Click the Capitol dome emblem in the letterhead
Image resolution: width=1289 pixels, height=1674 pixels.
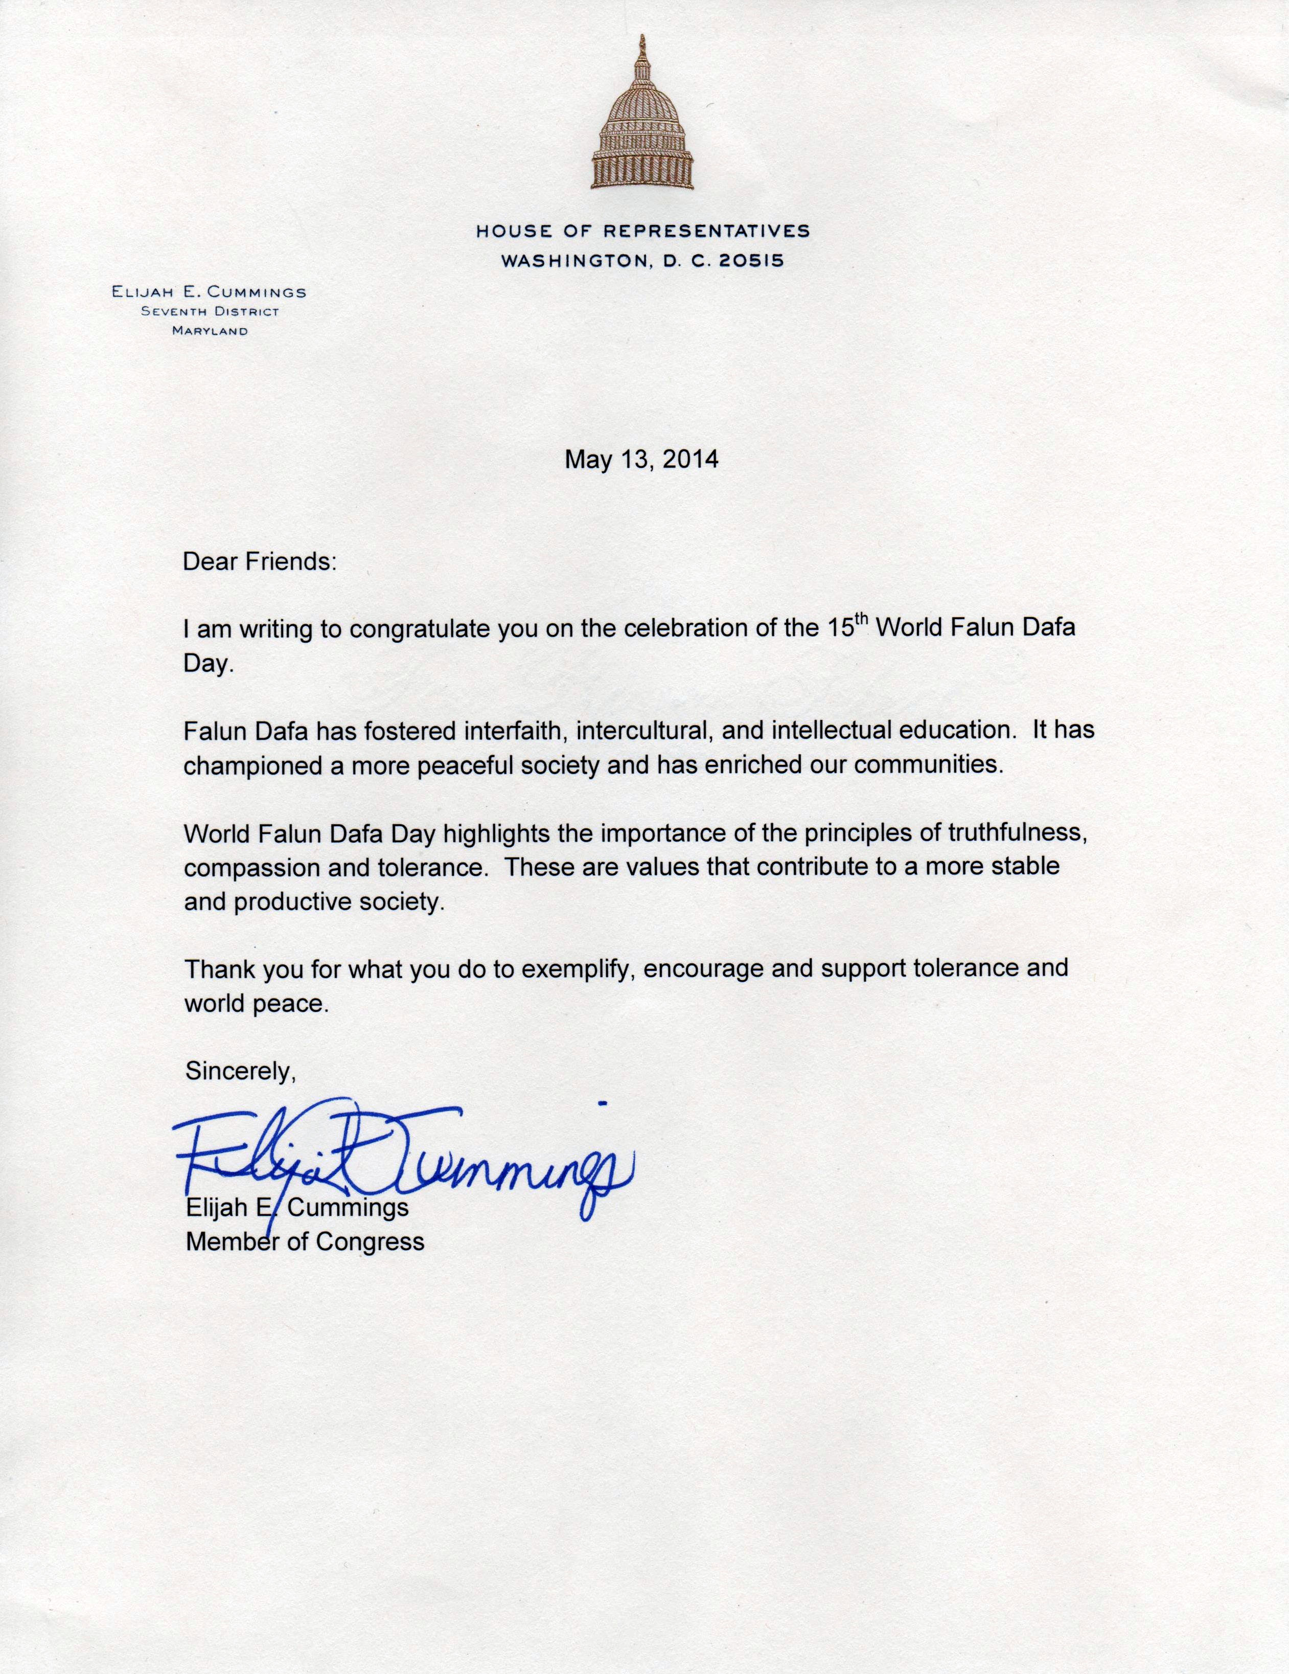pos(642,123)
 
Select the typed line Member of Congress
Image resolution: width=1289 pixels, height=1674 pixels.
pos(305,1242)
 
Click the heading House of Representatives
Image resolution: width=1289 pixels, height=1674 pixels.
pos(642,230)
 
